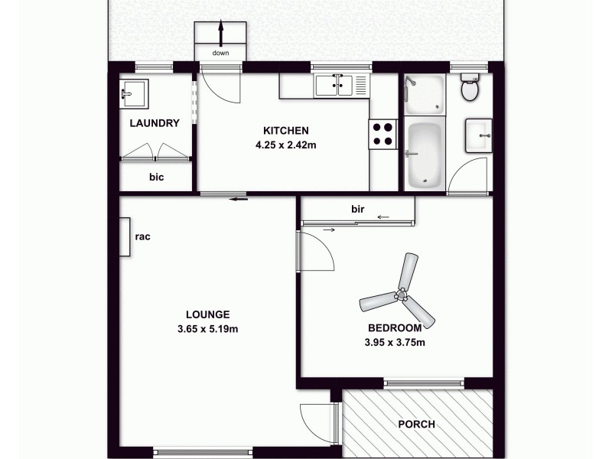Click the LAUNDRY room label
coord(155,123)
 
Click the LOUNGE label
coord(207,314)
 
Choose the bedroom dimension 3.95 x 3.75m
coord(395,342)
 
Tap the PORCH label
coord(417,425)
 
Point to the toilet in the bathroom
coord(470,89)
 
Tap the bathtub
coord(423,156)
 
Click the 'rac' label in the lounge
coord(142,236)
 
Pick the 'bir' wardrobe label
coord(356,208)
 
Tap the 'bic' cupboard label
coord(156,177)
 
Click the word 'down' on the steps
coord(221,53)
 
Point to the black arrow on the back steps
coord(221,34)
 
